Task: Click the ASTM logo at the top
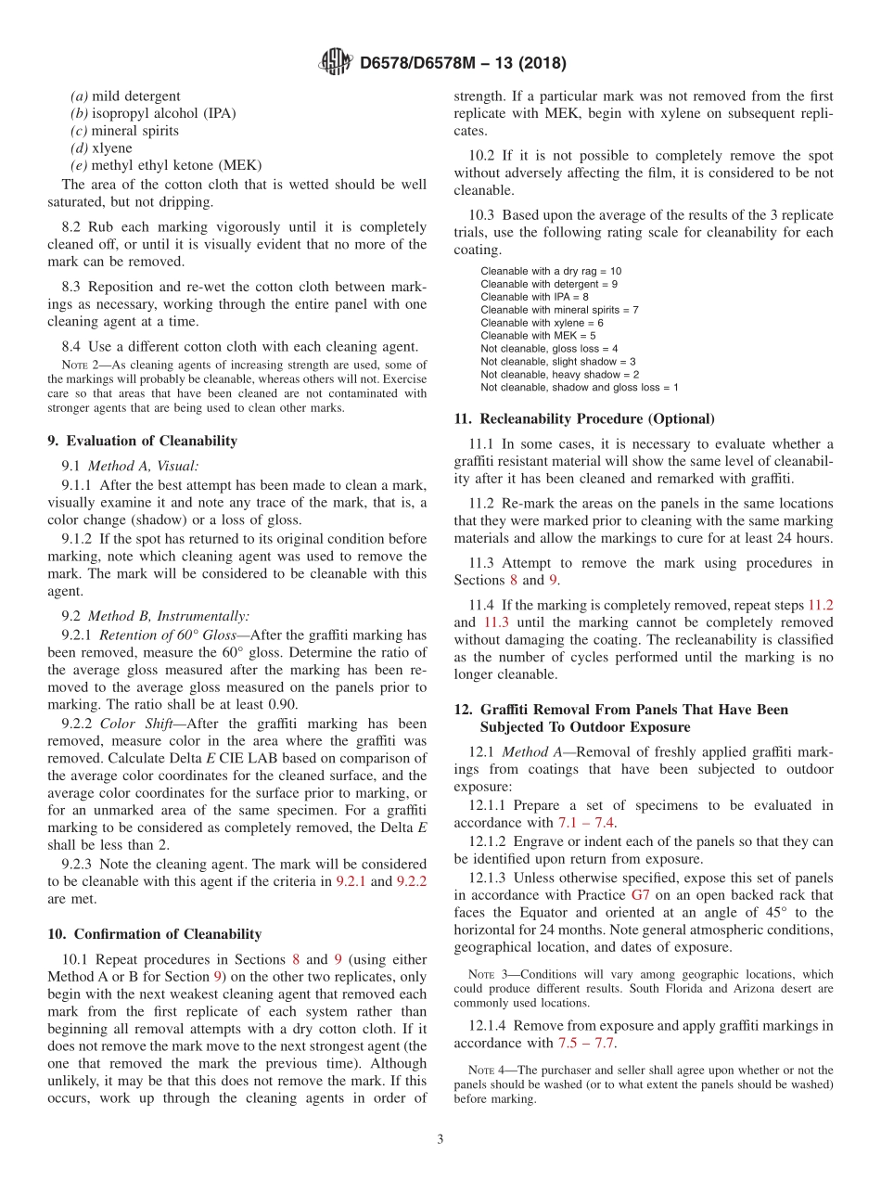coord(336,63)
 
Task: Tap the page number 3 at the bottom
coord(440,1139)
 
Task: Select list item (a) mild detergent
coord(125,96)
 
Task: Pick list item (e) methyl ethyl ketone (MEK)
coord(166,165)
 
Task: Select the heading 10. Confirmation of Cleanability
coord(154,933)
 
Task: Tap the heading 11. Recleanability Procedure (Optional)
coord(584,418)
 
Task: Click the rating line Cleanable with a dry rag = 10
coord(551,270)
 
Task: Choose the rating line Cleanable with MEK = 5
coord(538,335)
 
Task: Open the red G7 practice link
coord(641,895)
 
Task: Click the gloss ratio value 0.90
coord(278,704)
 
